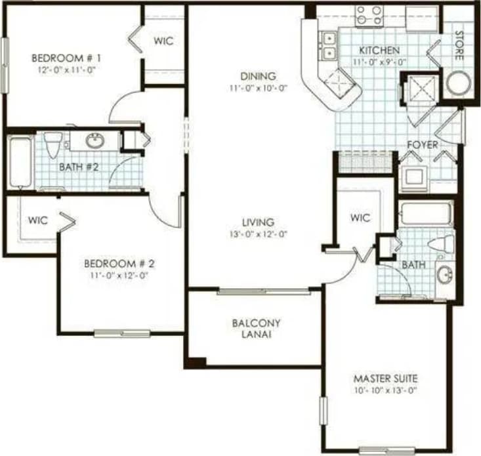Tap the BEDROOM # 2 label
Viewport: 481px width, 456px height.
point(119,264)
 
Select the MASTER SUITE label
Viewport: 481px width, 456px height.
point(386,379)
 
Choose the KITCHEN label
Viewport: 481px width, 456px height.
point(379,51)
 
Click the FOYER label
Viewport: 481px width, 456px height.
point(423,144)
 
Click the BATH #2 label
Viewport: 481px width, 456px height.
point(79,167)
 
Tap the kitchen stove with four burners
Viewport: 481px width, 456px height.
point(369,15)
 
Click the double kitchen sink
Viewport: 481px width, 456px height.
point(328,45)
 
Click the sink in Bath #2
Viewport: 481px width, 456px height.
point(96,140)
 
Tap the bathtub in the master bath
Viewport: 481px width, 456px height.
point(426,213)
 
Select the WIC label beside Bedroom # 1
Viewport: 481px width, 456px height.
point(163,41)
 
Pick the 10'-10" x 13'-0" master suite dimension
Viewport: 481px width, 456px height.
point(386,390)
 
